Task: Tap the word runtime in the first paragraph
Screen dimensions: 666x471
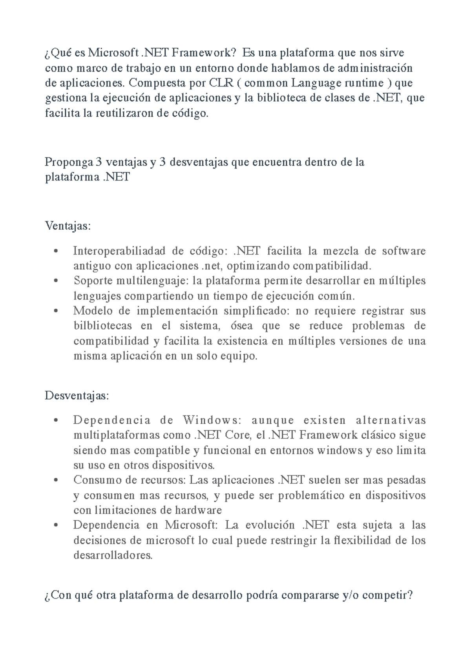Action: pyautogui.click(x=364, y=83)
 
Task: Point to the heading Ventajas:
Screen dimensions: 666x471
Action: pyautogui.click(x=68, y=226)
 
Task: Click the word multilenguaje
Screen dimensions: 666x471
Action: pyautogui.click(x=153, y=281)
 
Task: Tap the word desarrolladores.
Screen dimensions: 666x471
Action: pyautogui.click(x=113, y=556)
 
